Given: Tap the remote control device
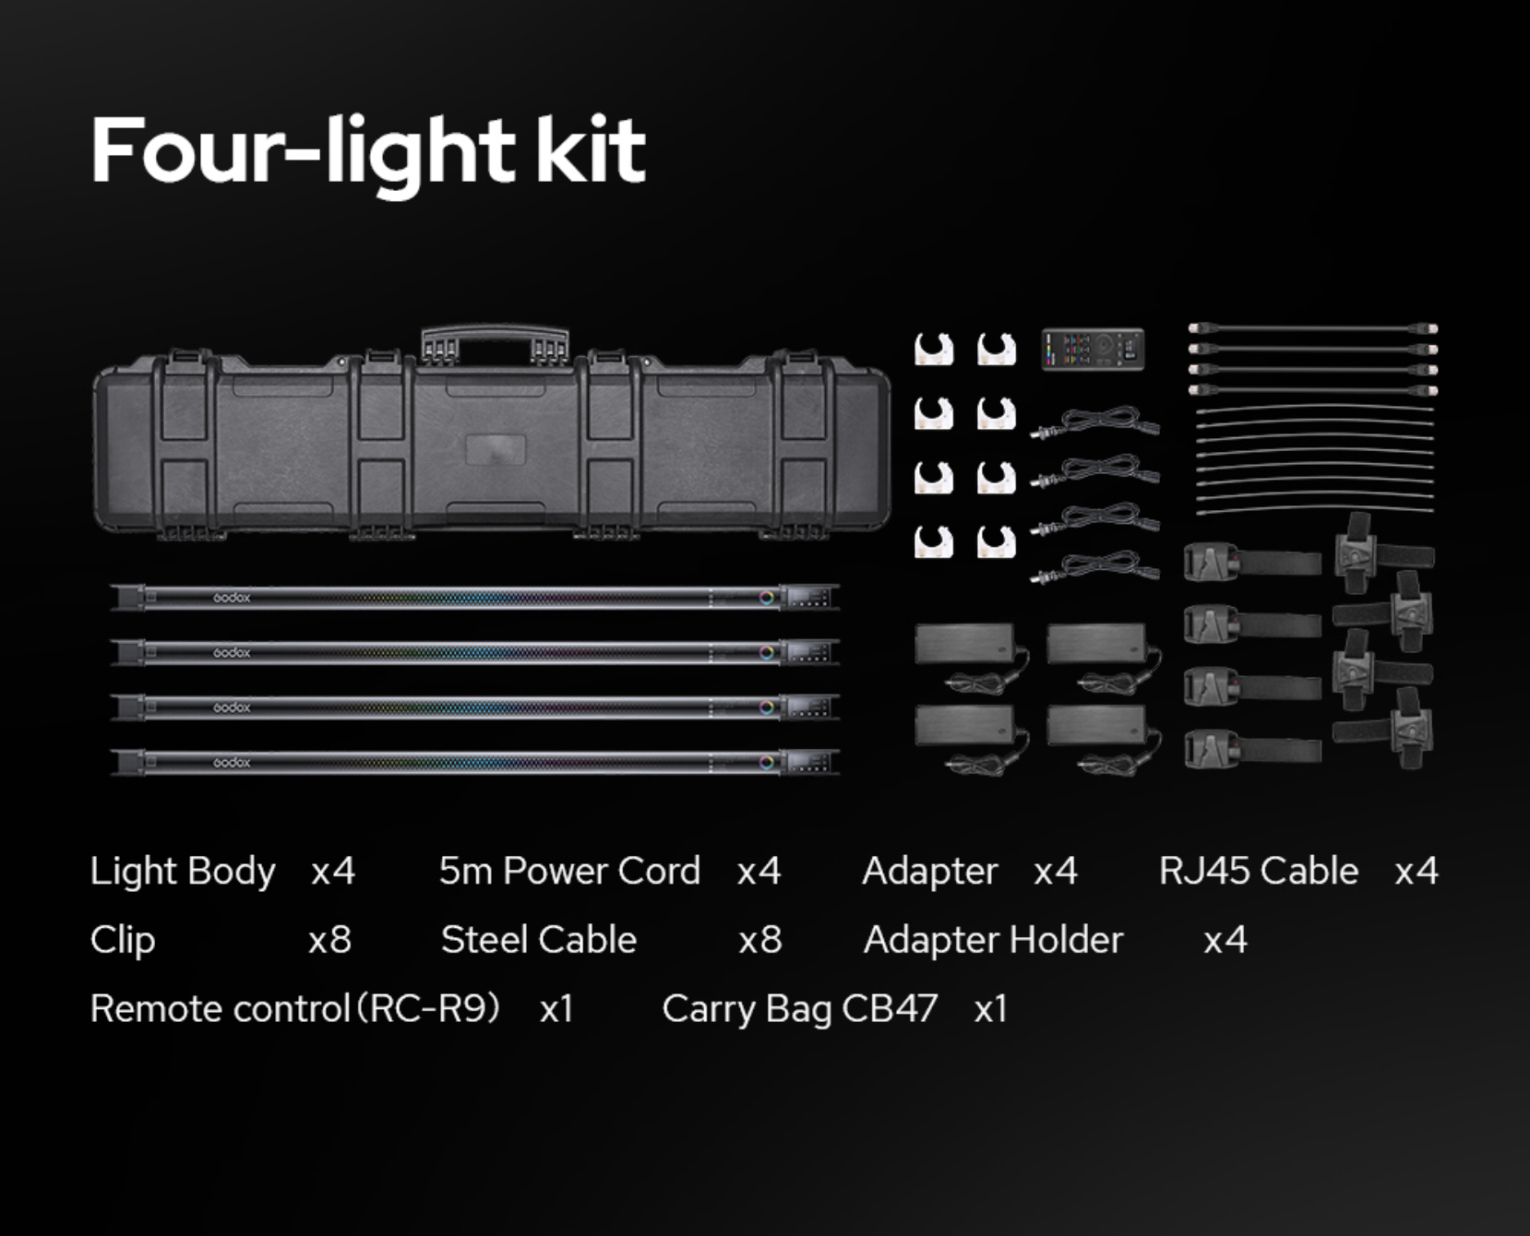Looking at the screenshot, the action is pos(1094,350).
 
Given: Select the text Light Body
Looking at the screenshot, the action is pos(183,872).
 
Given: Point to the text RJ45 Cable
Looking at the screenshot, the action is pos(1258,871).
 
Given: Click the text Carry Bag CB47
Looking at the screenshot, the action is pos(800,1009).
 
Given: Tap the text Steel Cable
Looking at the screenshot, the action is pos(539,940).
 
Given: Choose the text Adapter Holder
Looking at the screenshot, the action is pos(993,940).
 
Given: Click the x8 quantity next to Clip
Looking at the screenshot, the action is pos(329,940).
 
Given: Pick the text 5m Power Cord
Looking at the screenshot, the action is pos(569,871).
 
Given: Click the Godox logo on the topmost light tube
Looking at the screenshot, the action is pos(232,598).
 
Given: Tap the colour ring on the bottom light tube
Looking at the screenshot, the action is pos(767,762).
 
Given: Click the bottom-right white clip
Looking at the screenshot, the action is pos(997,541).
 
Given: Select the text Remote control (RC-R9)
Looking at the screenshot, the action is pos(295,1009).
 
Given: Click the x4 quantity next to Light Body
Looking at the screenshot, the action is pos(333,872).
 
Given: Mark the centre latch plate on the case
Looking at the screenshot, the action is pos(496,450).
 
